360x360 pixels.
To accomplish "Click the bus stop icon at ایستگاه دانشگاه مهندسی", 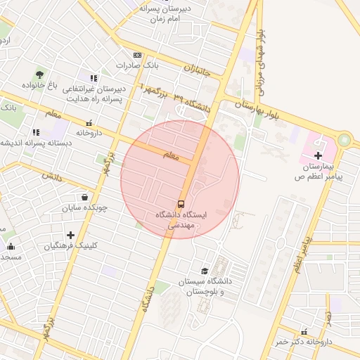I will coord(182,203).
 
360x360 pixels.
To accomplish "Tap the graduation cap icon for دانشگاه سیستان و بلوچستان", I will coord(205,271).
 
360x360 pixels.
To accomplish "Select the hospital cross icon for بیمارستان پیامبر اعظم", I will coord(318,155).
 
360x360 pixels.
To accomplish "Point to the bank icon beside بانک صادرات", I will coord(136,55).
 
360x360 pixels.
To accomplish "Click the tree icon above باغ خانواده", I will coord(39,75).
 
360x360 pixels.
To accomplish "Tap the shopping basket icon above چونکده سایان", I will coord(85,198).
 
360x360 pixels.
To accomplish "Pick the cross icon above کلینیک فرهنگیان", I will coord(70,235).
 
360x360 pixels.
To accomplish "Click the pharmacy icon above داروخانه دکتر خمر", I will coord(304,331).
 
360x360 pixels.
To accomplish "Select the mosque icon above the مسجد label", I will coord(11,246).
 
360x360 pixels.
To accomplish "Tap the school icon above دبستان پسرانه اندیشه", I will coord(35,132).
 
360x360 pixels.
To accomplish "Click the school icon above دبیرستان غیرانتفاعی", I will coord(94,78).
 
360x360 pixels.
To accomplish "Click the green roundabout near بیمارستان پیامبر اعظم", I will coord(344,141).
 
